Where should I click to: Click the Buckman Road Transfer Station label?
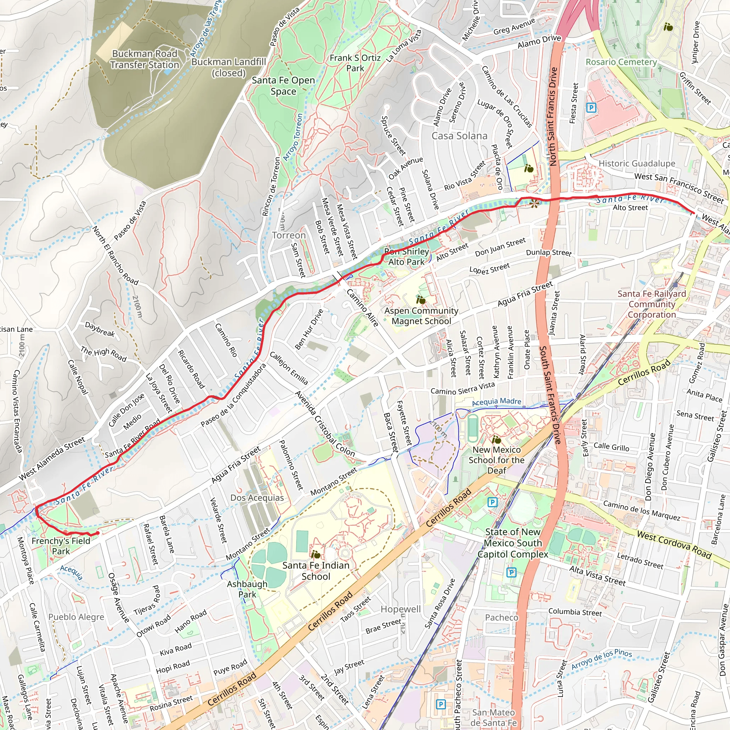(x=145, y=59)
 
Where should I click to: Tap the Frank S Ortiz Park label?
(x=355, y=63)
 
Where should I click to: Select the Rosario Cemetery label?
(x=621, y=62)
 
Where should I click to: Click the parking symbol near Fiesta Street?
(x=591, y=108)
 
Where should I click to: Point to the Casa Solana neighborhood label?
(x=459, y=136)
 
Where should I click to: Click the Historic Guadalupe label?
(x=637, y=164)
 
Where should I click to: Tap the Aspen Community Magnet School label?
(x=421, y=316)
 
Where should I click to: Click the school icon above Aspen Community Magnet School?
(x=421, y=300)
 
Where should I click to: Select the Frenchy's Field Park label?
(x=61, y=546)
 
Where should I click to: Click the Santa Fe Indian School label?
(x=316, y=571)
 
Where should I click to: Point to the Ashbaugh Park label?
(x=247, y=589)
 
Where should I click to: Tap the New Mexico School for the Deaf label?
(x=497, y=460)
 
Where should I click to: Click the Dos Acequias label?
(x=257, y=498)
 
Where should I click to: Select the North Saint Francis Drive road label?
(x=553, y=116)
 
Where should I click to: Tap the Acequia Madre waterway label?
(x=497, y=402)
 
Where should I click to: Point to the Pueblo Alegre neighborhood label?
(x=76, y=617)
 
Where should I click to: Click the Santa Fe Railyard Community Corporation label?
(x=652, y=304)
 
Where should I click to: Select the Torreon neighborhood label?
(x=289, y=235)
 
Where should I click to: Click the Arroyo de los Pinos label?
(x=601, y=659)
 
